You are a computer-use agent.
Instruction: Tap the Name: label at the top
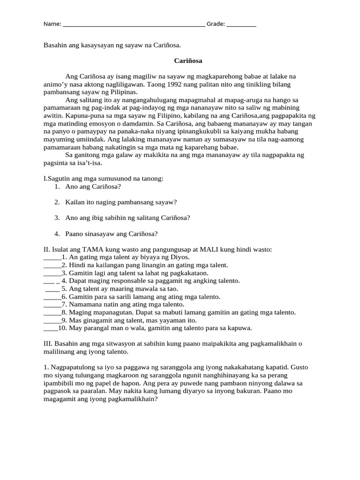coord(52,24)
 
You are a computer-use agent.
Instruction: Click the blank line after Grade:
coord(241,24)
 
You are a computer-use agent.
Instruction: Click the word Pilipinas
coord(121,92)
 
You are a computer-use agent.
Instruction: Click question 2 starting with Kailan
coord(121,202)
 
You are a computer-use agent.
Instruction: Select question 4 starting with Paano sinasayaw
coord(112,233)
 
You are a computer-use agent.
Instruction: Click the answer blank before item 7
coord(52,305)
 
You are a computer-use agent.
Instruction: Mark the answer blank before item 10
coord(51,329)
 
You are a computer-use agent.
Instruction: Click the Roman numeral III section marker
coord(48,344)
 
